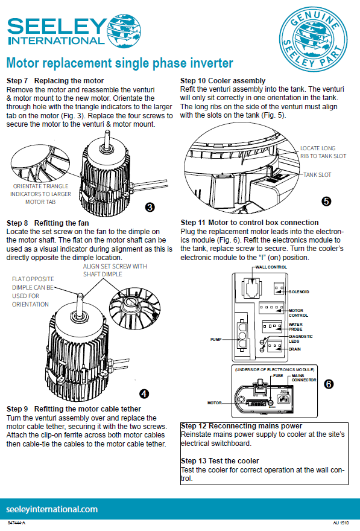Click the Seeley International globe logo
click(x=124, y=31)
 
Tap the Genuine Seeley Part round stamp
click(x=314, y=39)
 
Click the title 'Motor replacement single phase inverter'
click(x=120, y=63)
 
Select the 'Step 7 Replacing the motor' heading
click(x=55, y=81)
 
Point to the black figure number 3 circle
click(x=150, y=207)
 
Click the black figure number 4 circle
click(x=144, y=393)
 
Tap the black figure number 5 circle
click(x=326, y=201)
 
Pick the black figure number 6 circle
click(x=329, y=384)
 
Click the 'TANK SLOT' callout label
click(x=317, y=175)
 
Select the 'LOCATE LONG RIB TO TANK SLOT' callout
click(x=323, y=152)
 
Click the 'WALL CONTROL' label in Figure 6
click(x=271, y=267)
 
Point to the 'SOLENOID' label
click(x=298, y=291)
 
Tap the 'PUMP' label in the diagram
click(x=216, y=339)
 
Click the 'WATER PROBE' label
click(x=295, y=327)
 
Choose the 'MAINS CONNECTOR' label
click(x=304, y=378)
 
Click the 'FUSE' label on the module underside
click(x=278, y=375)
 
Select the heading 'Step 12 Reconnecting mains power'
click(x=242, y=426)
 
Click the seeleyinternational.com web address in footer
click(x=52, y=509)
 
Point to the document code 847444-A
click(x=16, y=523)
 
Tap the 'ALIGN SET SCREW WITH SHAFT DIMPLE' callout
click(x=115, y=270)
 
